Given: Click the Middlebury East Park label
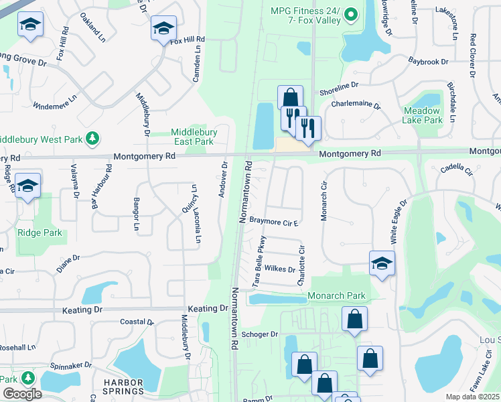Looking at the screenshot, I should click(192, 137).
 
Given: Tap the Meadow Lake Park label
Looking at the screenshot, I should click(423, 115).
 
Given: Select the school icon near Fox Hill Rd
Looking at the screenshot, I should click(163, 29).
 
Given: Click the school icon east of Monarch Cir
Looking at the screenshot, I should click(382, 263).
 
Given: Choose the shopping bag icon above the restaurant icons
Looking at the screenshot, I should click(290, 96).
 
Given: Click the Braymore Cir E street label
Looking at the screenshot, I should click(273, 220).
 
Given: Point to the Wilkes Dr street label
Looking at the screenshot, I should click(280, 269).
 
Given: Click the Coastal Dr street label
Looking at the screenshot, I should click(137, 322).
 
